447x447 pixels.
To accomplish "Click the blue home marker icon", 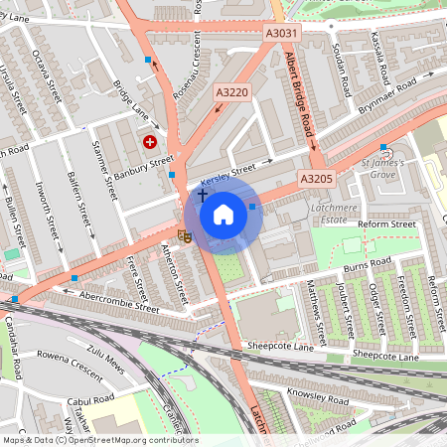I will tap(223, 215).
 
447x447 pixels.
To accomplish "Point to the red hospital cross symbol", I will tap(150, 142).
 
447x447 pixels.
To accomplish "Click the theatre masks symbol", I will tap(184, 235).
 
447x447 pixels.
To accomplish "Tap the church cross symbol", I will tap(203, 196).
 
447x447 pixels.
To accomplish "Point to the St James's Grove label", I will tap(377, 166).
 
